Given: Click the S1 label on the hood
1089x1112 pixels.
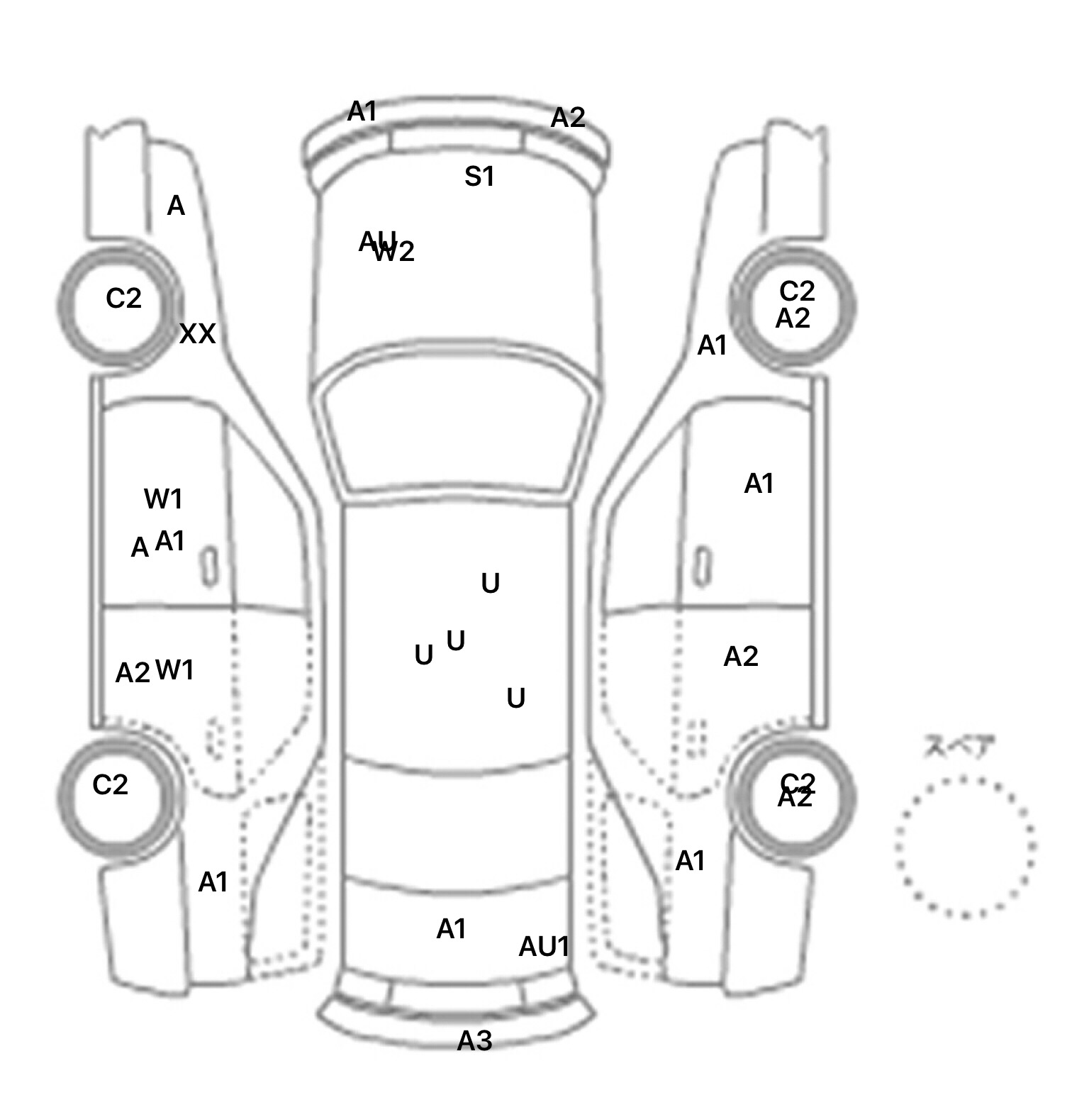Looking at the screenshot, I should pyautogui.click(x=479, y=177).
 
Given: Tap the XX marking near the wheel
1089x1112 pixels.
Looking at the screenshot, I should pyautogui.click(x=197, y=333).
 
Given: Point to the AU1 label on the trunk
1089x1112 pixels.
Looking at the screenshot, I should pyautogui.click(x=544, y=947).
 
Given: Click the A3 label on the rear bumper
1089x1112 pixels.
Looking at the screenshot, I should pyautogui.click(x=474, y=1041).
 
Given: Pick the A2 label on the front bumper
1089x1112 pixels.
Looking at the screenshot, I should pyautogui.click(x=568, y=118).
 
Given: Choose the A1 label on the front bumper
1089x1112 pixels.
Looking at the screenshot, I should pyautogui.click(x=362, y=111).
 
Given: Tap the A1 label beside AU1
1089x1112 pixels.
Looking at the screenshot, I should pyautogui.click(x=451, y=929).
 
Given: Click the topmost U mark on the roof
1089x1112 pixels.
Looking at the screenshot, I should pyautogui.click(x=490, y=584).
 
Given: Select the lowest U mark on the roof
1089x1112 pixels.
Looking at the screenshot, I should pyautogui.click(x=515, y=699).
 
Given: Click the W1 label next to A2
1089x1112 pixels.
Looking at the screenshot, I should pyautogui.click(x=174, y=669).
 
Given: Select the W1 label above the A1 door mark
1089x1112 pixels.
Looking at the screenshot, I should pyautogui.click(x=163, y=499).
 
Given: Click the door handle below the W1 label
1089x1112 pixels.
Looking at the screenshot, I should pyautogui.click(x=209, y=567).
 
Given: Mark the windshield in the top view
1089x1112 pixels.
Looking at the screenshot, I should pyautogui.click(x=457, y=426).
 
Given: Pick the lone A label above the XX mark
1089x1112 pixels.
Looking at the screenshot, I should pyautogui.click(x=176, y=206).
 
